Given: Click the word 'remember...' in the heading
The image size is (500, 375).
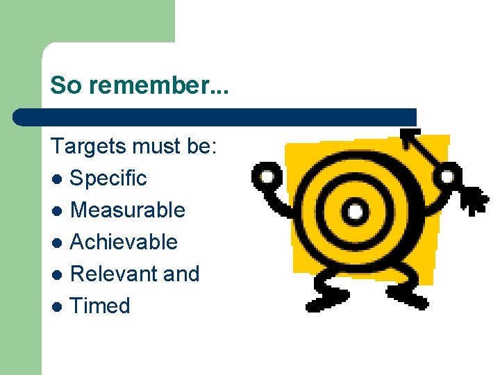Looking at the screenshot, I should pyautogui.click(x=153, y=85).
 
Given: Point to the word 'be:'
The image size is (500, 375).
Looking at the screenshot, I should pyautogui.click(x=201, y=147).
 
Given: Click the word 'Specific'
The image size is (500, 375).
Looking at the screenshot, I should pyautogui.click(x=109, y=178).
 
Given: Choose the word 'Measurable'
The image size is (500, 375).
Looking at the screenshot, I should pyautogui.click(x=128, y=210).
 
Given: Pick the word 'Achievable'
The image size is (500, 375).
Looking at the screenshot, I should pyautogui.click(x=124, y=242).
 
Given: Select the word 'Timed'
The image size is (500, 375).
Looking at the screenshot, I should pyautogui.click(x=100, y=306).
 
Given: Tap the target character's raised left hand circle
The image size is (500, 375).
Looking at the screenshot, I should pyautogui.click(x=266, y=176).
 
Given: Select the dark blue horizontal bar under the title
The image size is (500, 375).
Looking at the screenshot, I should pyautogui.click(x=215, y=117).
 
